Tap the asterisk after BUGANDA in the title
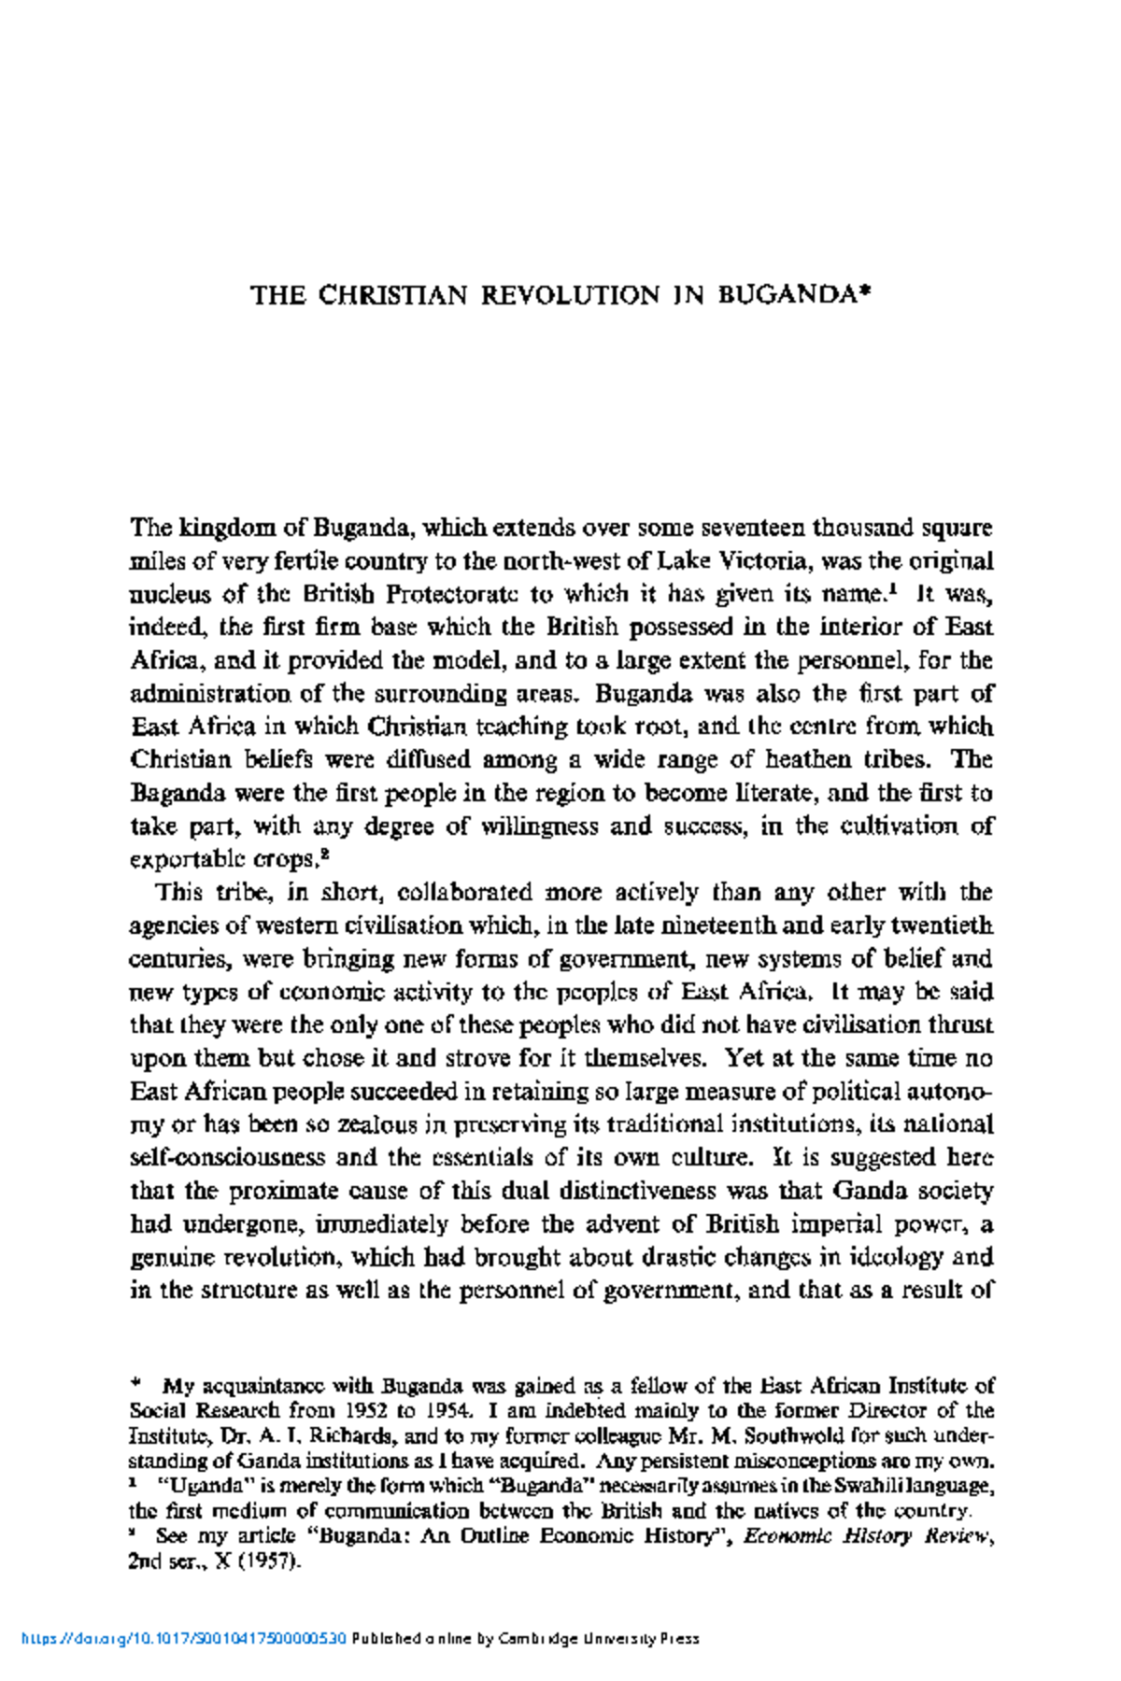865,292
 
